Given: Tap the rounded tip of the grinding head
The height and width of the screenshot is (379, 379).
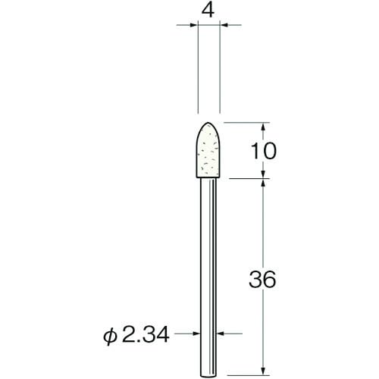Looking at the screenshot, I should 208,125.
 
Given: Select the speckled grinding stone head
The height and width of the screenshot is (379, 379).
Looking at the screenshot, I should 208,152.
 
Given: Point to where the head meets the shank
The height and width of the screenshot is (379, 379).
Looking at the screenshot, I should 208,179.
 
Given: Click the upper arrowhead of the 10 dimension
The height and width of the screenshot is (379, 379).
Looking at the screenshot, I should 263,127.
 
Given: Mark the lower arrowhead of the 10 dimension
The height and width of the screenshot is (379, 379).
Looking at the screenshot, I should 263,175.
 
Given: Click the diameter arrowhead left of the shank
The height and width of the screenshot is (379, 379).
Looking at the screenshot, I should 198,332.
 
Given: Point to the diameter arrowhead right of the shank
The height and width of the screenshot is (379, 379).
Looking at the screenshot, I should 221,332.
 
